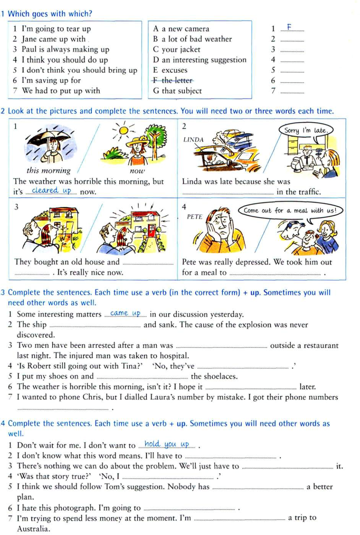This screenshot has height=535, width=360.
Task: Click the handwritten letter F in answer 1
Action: pyautogui.click(x=289, y=27)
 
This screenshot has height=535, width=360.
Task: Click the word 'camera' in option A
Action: pyautogui.click(x=197, y=29)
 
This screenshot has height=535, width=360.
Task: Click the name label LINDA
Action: pyautogui.click(x=193, y=140)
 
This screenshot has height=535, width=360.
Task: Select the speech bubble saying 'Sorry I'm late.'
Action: pyautogui.click(x=306, y=130)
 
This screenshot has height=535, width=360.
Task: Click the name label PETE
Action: pyautogui.click(x=194, y=217)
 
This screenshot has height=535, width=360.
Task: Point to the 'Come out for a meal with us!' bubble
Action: pyautogui.click(x=290, y=211)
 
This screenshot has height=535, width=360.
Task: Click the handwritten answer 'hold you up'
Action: pyautogui.click(x=167, y=444)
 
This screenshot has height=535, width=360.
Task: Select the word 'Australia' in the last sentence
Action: pyautogui.click(x=33, y=529)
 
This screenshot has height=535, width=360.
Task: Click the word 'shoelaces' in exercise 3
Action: pyautogui.click(x=220, y=376)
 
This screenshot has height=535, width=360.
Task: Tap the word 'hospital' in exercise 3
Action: pyautogui.click(x=172, y=356)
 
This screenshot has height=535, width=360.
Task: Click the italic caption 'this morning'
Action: pyautogui.click(x=48, y=170)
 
